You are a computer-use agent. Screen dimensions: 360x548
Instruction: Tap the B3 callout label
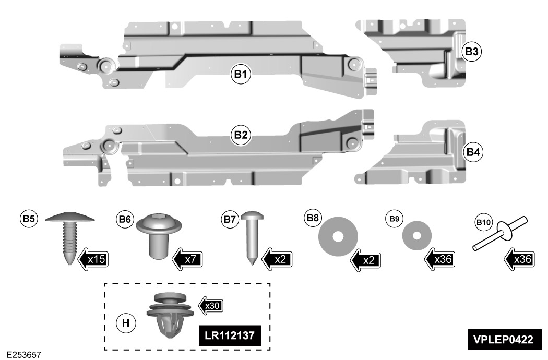(x=472, y=52)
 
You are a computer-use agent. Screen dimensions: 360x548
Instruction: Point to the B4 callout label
(x=473, y=152)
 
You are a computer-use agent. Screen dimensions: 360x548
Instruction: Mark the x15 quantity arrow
(x=94, y=258)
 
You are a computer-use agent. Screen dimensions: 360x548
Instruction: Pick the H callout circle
(x=125, y=323)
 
